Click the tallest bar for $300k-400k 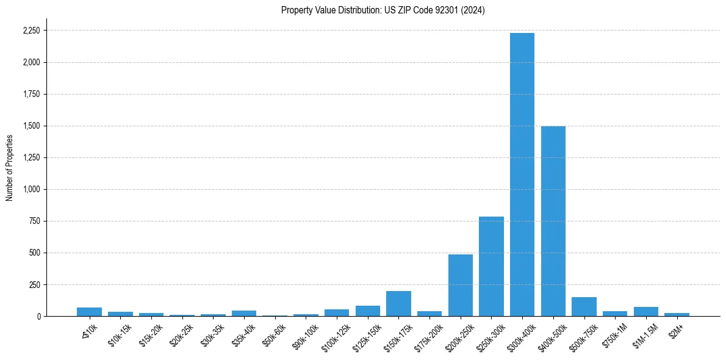pyautogui.click(x=522, y=175)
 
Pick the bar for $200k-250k pyautogui.click(x=461, y=286)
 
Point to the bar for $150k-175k pyautogui.click(x=398, y=304)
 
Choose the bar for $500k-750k pyautogui.click(x=584, y=307)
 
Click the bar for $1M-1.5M pyautogui.click(x=646, y=312)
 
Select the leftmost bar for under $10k pyautogui.click(x=89, y=312)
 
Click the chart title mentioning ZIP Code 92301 pyautogui.click(x=383, y=10)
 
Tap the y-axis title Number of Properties pyautogui.click(x=10, y=168)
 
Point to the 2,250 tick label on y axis pyautogui.click(x=32, y=31)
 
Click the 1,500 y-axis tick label pyautogui.click(x=32, y=126)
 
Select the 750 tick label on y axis pyautogui.click(x=35, y=221)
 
